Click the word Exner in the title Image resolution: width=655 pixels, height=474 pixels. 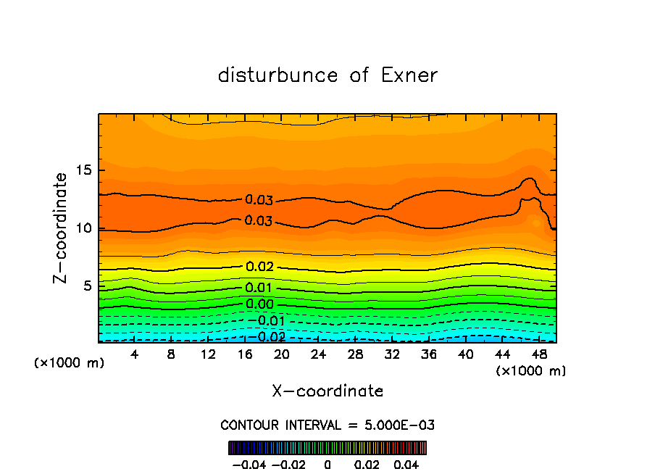[409, 75]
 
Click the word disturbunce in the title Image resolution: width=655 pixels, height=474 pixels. [278, 75]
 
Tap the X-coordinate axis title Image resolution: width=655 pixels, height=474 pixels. [327, 391]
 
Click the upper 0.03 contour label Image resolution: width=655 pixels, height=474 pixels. [259, 200]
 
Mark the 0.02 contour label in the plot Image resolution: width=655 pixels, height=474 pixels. [259, 267]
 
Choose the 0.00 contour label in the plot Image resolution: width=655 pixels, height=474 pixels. [259, 304]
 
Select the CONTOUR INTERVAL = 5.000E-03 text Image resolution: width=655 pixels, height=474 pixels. [327, 425]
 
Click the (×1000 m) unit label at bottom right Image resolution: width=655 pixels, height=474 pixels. [531, 371]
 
